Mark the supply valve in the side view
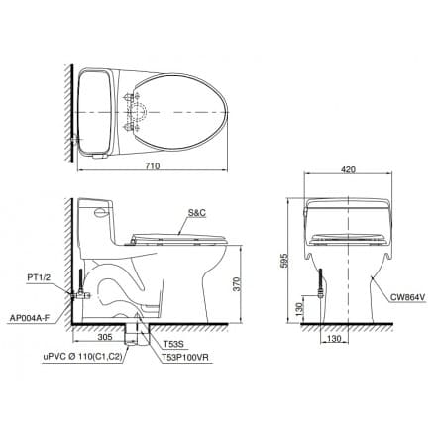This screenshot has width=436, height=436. tap(77, 294)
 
